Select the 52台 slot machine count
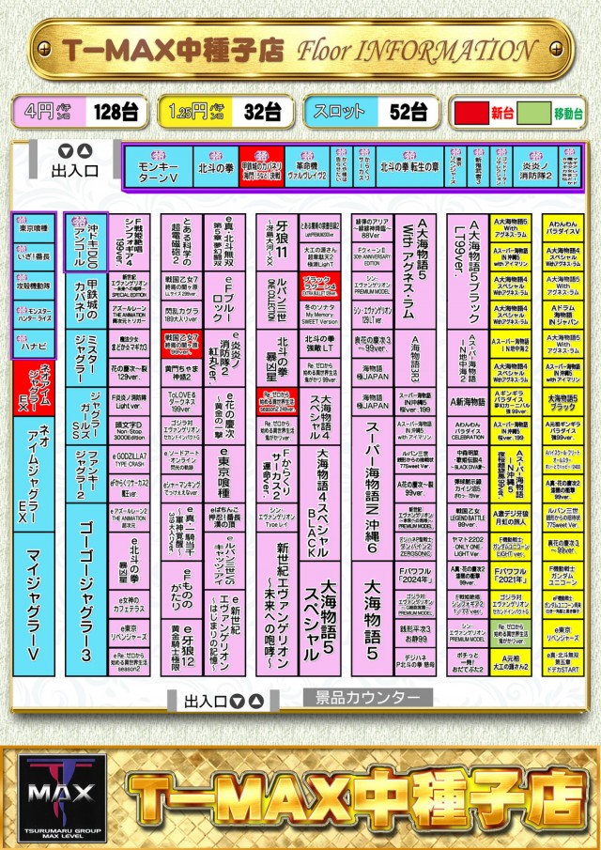tap(408, 113)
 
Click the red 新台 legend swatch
tap(470, 113)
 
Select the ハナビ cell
tap(38, 346)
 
